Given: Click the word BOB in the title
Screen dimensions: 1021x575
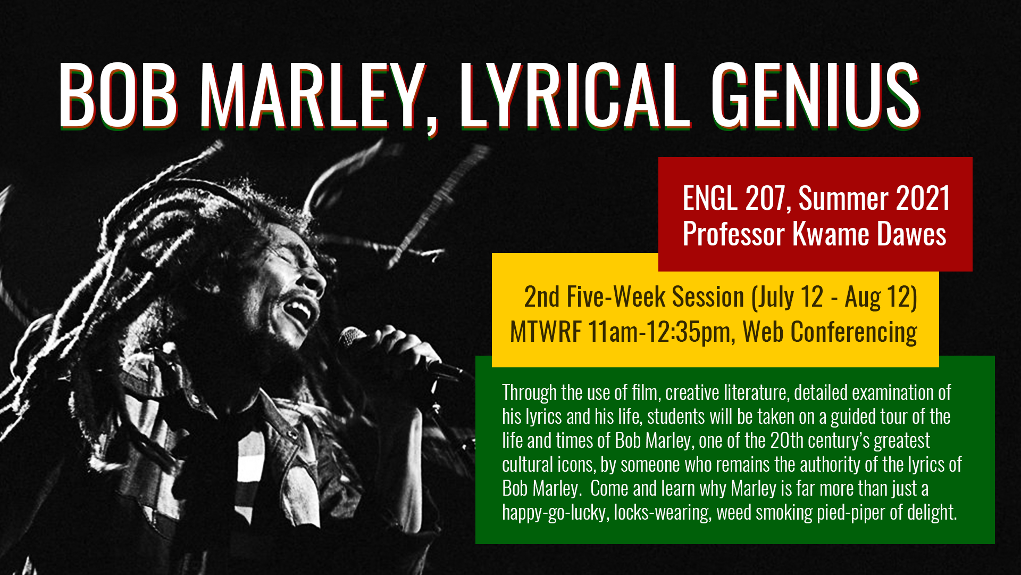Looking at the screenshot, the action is click(x=118, y=95).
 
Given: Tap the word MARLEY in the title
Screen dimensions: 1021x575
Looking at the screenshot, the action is click(x=312, y=95).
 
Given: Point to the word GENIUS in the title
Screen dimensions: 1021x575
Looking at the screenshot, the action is click(x=816, y=95).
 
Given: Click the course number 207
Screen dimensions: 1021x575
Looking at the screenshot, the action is click(x=765, y=198).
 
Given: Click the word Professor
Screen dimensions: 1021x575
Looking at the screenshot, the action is click(x=734, y=234).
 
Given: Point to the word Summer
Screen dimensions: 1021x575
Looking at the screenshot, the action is click(x=843, y=198).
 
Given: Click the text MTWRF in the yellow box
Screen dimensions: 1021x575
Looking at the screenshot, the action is click(x=546, y=332).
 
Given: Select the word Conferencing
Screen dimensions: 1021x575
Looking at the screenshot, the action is click(x=854, y=332).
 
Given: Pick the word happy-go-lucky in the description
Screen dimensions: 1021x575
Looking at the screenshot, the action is click(x=556, y=513).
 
